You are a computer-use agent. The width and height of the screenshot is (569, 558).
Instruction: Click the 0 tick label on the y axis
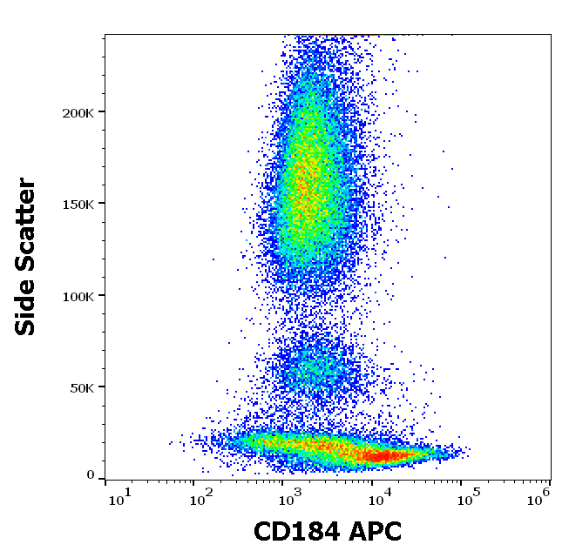coord(91,475)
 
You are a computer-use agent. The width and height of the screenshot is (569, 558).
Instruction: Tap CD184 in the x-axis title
coord(296,531)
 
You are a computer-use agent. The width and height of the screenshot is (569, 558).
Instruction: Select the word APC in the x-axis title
coord(375,531)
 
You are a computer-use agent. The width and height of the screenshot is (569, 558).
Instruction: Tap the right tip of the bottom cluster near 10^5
coord(466,451)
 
